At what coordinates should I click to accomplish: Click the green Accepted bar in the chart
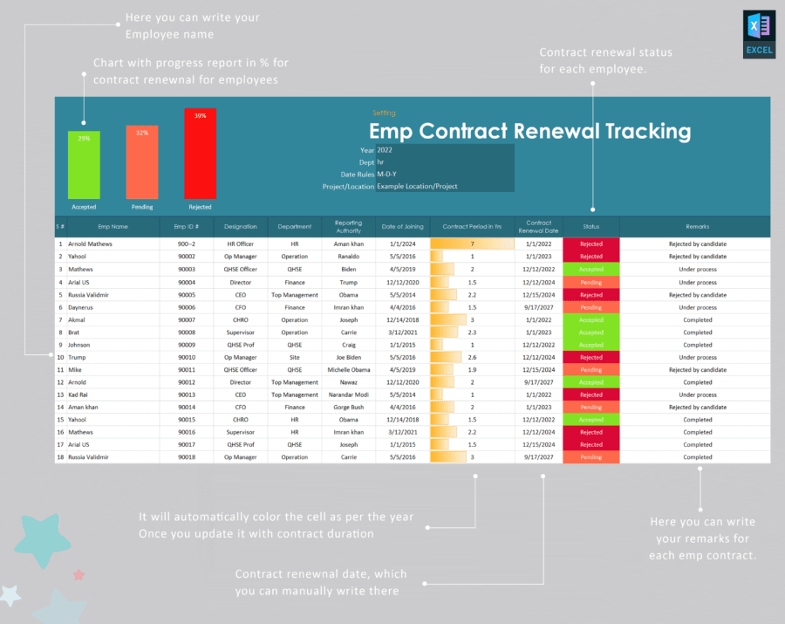pyautogui.click(x=84, y=165)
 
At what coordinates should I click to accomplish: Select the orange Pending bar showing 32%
pyautogui.click(x=142, y=162)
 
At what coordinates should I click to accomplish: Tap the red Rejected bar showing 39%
pyautogui.click(x=200, y=154)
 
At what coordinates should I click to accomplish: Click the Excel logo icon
pyautogui.click(x=759, y=35)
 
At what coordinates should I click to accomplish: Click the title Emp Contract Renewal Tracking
pyautogui.click(x=529, y=131)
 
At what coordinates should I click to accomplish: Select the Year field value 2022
pyautogui.click(x=385, y=150)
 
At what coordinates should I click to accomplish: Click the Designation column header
pyautogui.click(x=241, y=226)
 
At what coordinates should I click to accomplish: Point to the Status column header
pyautogui.click(x=590, y=226)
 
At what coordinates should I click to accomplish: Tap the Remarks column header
pyautogui.click(x=697, y=226)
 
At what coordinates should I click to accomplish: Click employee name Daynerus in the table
pyautogui.click(x=81, y=307)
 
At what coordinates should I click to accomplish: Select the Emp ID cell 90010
pyautogui.click(x=187, y=357)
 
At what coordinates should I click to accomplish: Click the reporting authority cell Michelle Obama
pyautogui.click(x=348, y=370)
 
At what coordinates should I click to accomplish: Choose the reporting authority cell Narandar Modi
pyautogui.click(x=348, y=394)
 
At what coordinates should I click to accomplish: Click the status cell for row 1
pyautogui.click(x=590, y=244)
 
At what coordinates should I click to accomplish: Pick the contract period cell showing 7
pyautogui.click(x=472, y=244)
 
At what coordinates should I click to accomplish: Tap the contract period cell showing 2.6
pyautogui.click(x=472, y=357)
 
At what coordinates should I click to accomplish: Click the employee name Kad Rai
pyautogui.click(x=79, y=394)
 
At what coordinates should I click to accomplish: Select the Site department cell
pyautogui.click(x=295, y=357)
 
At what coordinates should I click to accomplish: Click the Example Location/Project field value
pyautogui.click(x=417, y=186)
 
